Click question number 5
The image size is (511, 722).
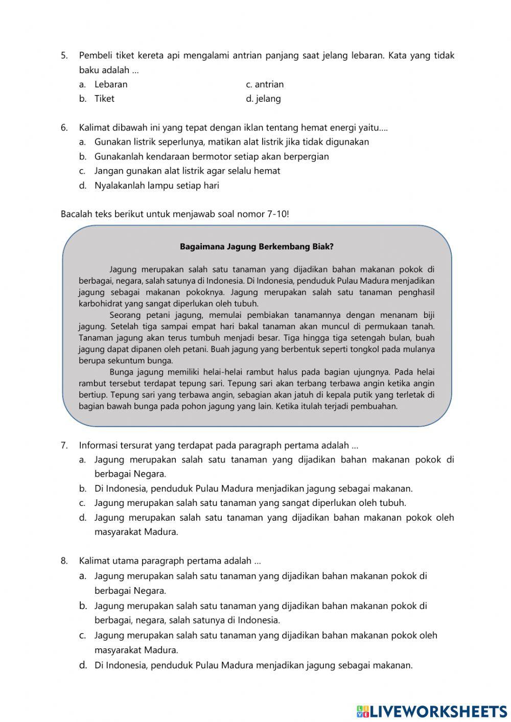pos(64,56)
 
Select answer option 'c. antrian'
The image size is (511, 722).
pos(265,84)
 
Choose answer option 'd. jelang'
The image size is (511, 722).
pos(263,99)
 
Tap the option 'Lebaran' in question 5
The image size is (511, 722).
pos(111,84)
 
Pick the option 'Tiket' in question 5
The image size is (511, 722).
pos(104,99)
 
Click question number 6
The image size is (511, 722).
pos(64,127)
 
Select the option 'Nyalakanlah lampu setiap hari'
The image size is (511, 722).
pos(156,185)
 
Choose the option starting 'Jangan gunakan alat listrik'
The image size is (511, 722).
pos(187,171)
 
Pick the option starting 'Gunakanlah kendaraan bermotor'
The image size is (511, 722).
pos(212,156)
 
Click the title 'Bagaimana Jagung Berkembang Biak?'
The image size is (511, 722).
pos(257,246)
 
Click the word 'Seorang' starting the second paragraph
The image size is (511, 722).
pos(125,315)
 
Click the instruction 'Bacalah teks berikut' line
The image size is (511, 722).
pos(175,214)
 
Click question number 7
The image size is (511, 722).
pos(64,445)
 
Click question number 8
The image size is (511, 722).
pos(64,561)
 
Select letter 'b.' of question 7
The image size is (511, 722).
pos(82,488)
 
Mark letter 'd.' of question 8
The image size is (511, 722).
pos(82,665)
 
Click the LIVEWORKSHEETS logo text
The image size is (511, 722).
pos(438,711)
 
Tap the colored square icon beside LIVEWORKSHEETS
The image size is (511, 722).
pos(362,711)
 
